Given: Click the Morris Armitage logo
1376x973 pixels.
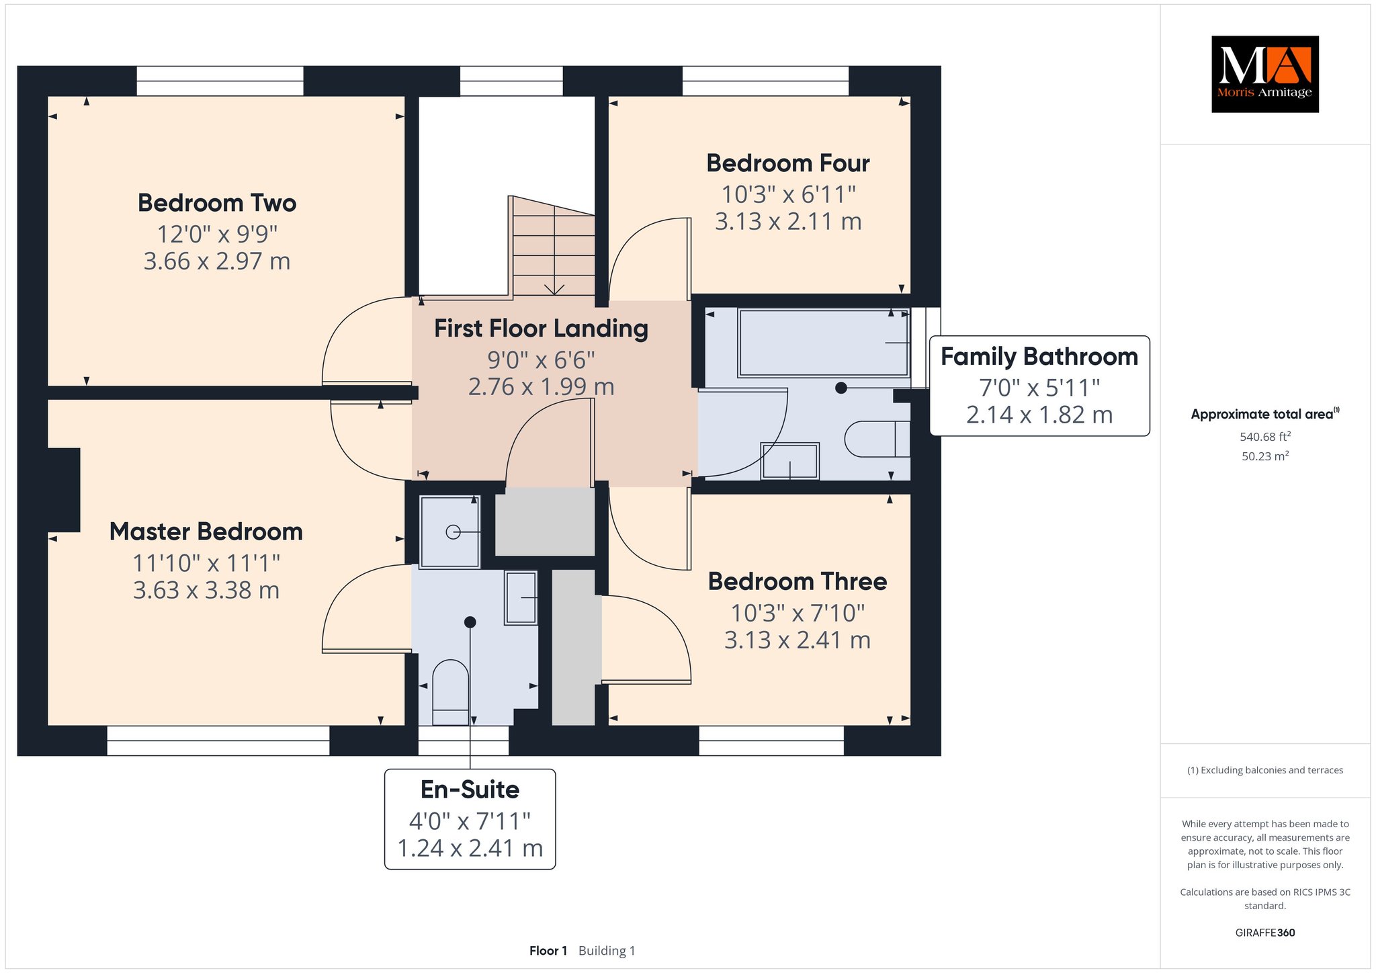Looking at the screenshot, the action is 1264,74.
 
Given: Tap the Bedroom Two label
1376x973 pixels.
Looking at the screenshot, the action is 217,203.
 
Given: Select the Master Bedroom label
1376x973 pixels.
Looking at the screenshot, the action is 206,532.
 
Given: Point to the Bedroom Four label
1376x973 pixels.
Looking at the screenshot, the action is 788,163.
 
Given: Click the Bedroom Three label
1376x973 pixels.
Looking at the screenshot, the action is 798,581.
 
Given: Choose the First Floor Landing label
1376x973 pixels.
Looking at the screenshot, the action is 541,329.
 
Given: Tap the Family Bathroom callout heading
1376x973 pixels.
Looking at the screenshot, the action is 1039,357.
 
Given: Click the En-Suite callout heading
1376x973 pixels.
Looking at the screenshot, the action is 470,790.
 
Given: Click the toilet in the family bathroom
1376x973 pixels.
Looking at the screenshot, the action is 877,439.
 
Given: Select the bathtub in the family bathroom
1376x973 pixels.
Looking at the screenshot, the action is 824,343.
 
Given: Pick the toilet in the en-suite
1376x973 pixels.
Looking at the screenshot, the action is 450,693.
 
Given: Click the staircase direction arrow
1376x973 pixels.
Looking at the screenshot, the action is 554,288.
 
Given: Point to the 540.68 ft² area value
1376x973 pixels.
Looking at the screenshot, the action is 1265,437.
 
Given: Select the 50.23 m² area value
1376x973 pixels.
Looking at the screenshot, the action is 1265,456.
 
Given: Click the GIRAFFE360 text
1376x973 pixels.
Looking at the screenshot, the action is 1265,933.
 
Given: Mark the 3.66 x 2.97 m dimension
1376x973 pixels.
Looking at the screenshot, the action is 217,261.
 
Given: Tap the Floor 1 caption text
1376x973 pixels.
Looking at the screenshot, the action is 548,951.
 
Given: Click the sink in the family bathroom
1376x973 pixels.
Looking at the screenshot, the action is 789,461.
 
